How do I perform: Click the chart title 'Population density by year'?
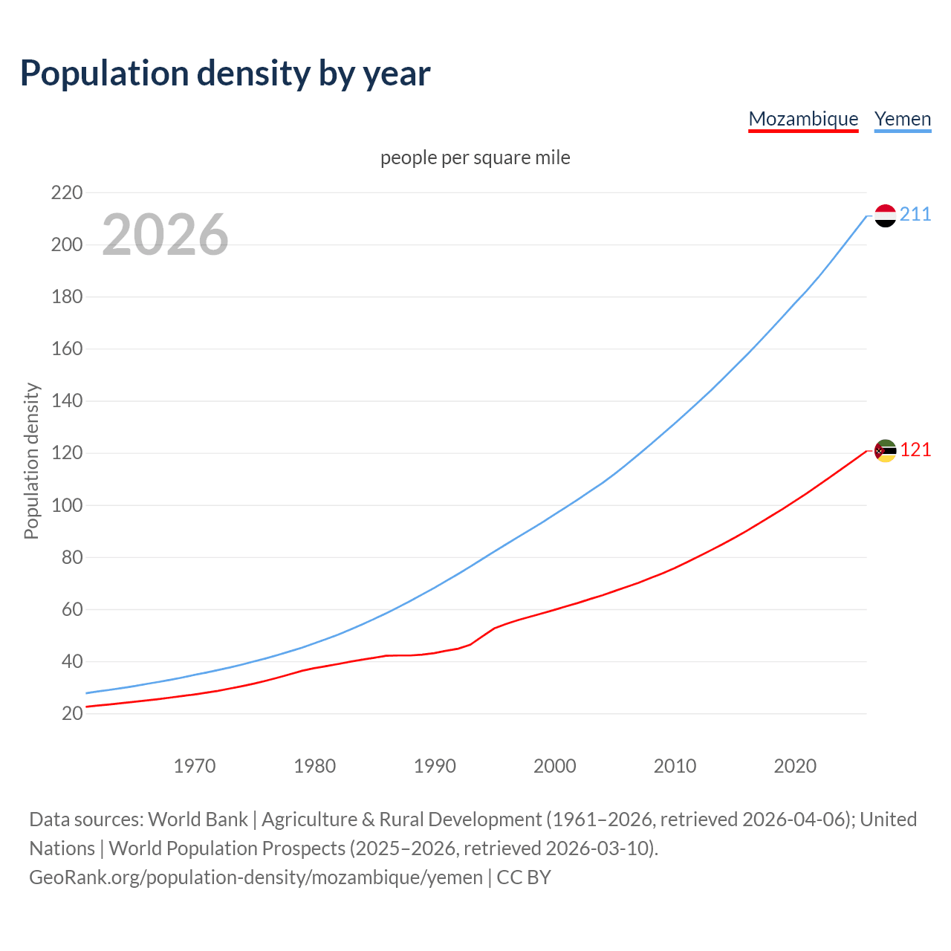tap(225, 74)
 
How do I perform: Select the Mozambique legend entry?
tap(803, 119)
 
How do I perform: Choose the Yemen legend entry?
tap(903, 119)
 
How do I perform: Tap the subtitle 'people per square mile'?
tap(475, 158)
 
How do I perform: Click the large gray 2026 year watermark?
tap(165, 235)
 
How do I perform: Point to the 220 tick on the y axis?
tap(67, 193)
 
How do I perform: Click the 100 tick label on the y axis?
tap(67, 505)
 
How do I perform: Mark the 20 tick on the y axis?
tap(72, 714)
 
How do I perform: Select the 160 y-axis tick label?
tap(67, 349)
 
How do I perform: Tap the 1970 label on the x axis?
tap(195, 766)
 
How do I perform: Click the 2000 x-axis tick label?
tap(555, 766)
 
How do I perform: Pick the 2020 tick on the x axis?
tap(795, 766)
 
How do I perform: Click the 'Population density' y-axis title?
tap(31, 461)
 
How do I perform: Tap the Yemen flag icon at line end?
tap(885, 215)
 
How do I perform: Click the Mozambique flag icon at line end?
tap(885, 450)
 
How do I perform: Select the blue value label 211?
tap(915, 215)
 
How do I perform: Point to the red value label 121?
tap(915, 450)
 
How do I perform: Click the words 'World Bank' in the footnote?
tap(198, 819)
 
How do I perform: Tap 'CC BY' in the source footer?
tap(524, 877)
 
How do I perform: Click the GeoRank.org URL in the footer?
tap(256, 877)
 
